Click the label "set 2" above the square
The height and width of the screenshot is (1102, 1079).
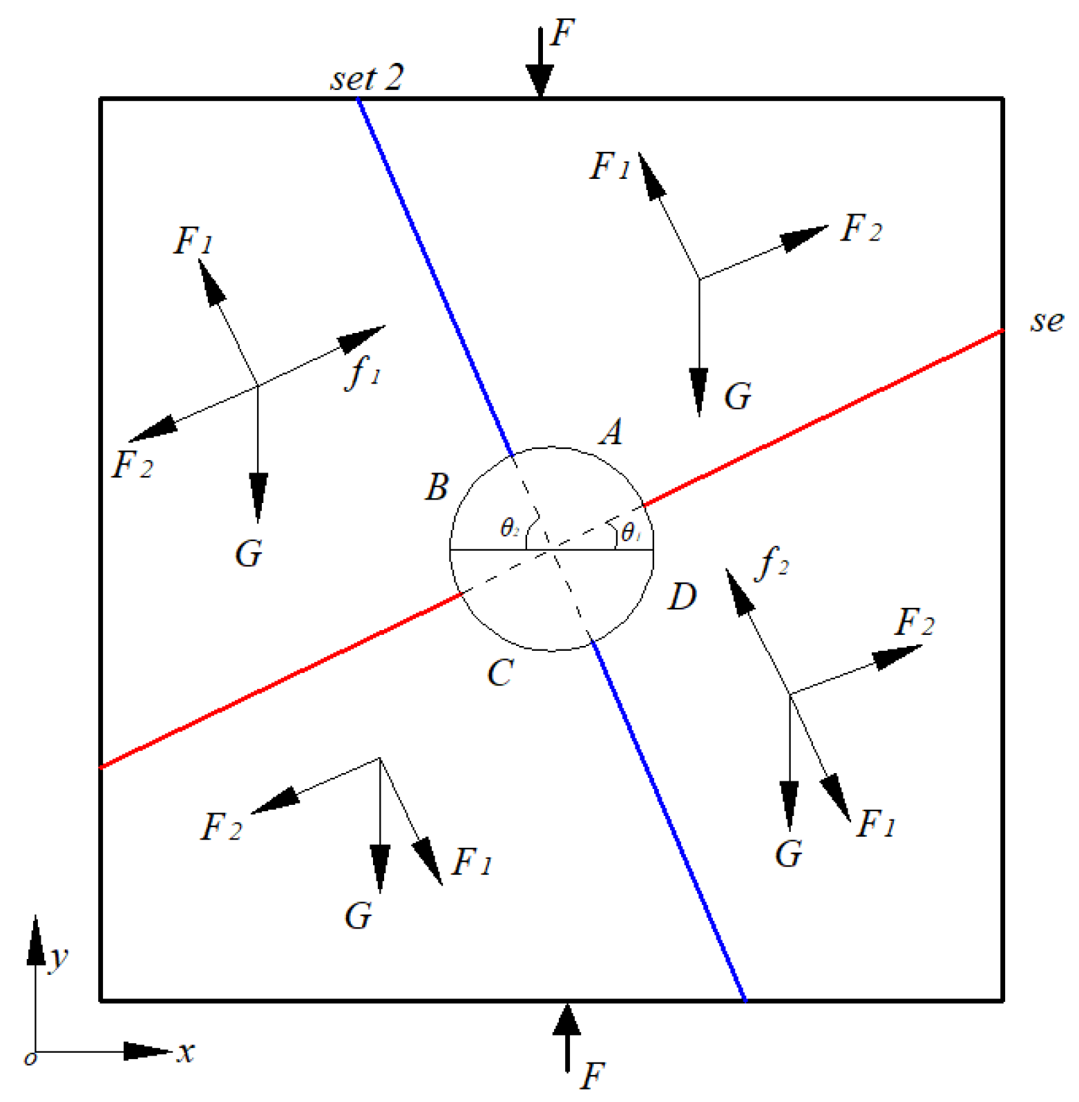point(367,78)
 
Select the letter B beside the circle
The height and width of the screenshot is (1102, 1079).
point(437,487)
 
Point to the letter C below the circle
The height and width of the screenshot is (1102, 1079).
point(500,672)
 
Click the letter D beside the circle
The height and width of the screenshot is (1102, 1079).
point(682,596)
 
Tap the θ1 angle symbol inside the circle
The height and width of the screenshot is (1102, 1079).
point(631,533)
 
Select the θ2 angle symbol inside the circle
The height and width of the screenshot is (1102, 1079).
point(509,529)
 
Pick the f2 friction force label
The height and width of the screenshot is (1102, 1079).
point(772,562)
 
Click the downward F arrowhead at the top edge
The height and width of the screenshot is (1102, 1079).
point(539,80)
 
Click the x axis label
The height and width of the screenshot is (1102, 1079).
point(186,1052)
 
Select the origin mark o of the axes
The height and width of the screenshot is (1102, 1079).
point(30,1058)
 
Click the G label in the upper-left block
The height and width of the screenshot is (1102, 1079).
point(249,553)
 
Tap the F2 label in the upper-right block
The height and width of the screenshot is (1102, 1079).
point(861,228)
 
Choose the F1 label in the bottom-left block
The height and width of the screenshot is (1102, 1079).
point(472,862)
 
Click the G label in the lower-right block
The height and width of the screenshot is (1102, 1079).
point(788,854)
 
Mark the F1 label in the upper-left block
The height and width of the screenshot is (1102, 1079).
point(193,240)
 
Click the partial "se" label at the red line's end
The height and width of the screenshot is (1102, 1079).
point(1047,321)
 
